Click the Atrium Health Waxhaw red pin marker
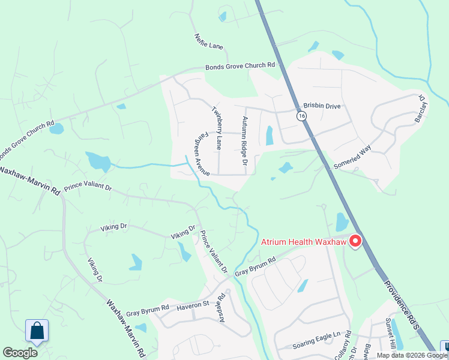[355, 241]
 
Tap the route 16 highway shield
[301, 115]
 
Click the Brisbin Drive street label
[322, 106]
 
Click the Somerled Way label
[352, 157]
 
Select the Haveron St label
[192, 305]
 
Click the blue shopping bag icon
[37, 331]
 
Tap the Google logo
[20, 353]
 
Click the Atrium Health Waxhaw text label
[304, 242]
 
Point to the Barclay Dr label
[420, 109]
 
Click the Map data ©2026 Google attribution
[412, 355]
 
